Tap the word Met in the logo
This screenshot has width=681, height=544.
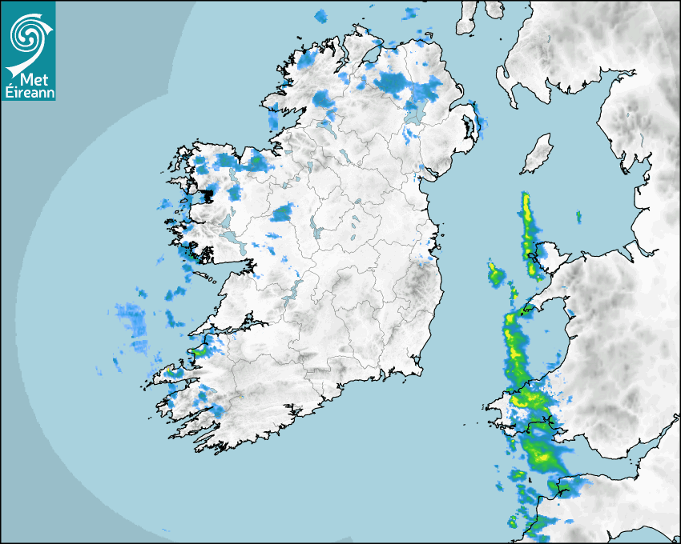click(29, 78)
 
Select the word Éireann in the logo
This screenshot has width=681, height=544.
click(27, 92)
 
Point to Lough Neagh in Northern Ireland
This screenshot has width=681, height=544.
click(416, 112)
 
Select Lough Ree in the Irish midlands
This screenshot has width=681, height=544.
click(316, 232)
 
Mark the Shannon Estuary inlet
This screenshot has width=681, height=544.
click(232, 328)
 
